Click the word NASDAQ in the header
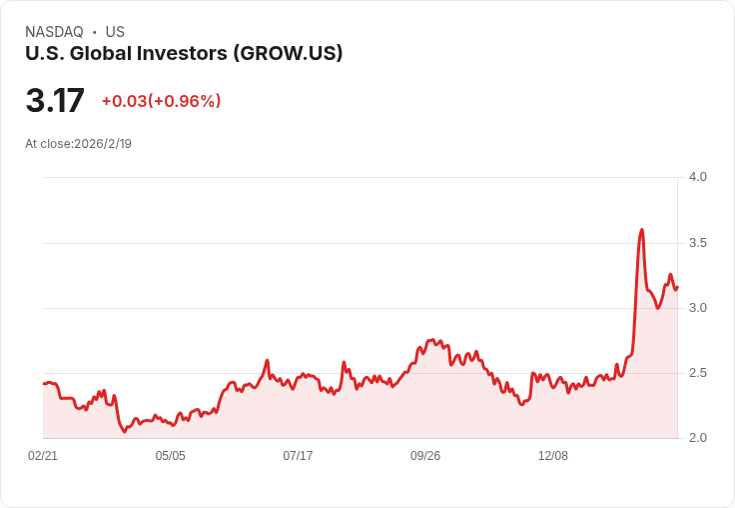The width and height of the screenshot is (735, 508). [54, 32]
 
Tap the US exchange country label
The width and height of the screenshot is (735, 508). [115, 32]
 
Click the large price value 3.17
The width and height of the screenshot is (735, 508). [55, 101]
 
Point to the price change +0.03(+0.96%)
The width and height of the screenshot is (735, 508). [161, 101]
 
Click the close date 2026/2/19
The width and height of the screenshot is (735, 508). [103, 144]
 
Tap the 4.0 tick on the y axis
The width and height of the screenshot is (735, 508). [697, 177]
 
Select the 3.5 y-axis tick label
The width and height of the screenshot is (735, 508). [697, 243]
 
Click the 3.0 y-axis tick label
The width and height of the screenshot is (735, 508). [697, 308]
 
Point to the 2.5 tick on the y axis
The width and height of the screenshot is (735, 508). [697, 373]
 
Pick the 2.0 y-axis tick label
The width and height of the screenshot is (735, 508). [697, 438]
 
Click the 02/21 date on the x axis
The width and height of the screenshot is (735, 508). [43, 456]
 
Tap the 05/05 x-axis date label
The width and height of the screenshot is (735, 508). [170, 456]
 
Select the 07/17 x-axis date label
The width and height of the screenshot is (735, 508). [298, 456]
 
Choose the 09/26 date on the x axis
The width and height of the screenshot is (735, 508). [425, 456]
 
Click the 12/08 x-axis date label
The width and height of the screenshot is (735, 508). [553, 456]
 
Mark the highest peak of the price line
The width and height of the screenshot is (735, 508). [641, 230]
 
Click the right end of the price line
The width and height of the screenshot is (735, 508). [677, 288]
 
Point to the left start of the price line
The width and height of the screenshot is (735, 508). [44, 383]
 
